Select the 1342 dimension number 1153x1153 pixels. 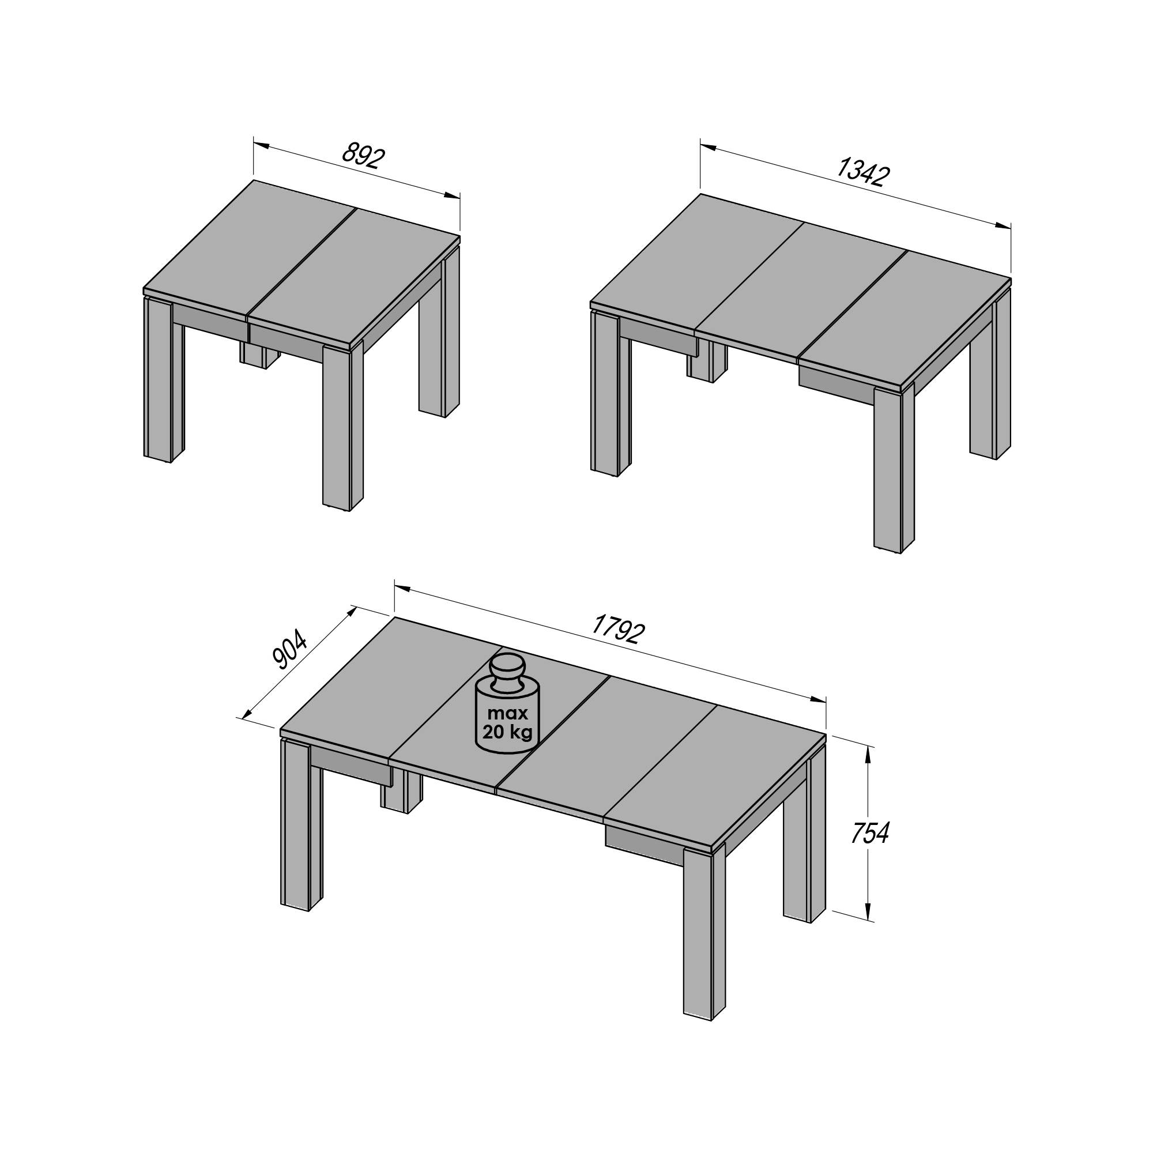click(x=862, y=172)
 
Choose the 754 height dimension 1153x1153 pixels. click(x=869, y=834)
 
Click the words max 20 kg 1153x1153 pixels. click(x=507, y=723)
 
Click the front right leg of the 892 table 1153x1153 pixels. click(x=342, y=426)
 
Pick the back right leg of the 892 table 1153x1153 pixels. click(x=439, y=332)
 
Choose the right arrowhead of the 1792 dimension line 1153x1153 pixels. click(x=817, y=699)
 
